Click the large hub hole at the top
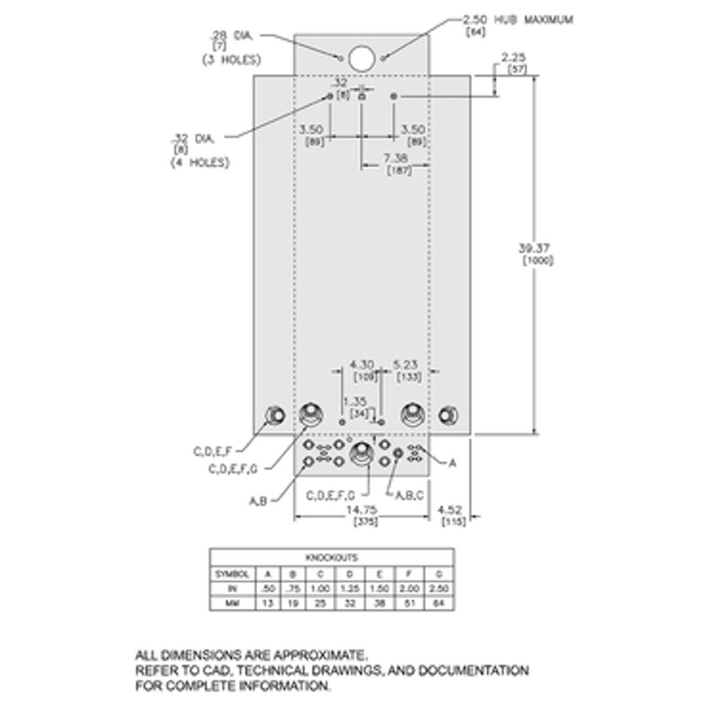coord(362,58)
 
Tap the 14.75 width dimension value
coord(362,510)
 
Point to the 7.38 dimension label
coord(395,158)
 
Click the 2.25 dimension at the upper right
coord(513,58)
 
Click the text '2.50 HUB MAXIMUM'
coord(517,19)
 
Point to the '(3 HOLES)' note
coord(232,60)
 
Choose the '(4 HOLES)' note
coord(200,162)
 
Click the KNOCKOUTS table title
coord(331,557)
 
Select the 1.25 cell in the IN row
coord(350,589)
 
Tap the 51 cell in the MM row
coord(409,603)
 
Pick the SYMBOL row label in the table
coord(232,574)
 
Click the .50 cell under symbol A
coord(267,589)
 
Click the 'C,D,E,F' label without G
coord(212,452)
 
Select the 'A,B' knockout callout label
coord(258,501)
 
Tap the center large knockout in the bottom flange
coord(361,454)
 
